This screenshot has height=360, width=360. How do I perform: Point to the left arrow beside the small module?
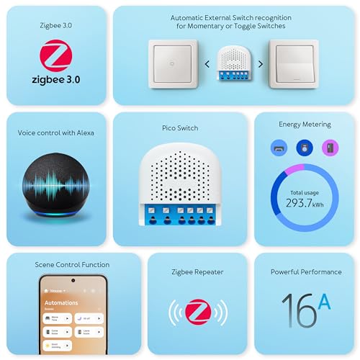click(x=207, y=63)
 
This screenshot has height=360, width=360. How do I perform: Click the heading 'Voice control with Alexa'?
click(x=56, y=132)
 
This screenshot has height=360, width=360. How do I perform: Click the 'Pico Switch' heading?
click(x=180, y=128)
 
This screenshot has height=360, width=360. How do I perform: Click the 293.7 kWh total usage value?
click(x=304, y=203)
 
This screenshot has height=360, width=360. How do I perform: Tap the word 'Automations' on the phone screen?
click(x=61, y=302)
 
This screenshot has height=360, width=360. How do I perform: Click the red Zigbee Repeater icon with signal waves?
click(x=197, y=311)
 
